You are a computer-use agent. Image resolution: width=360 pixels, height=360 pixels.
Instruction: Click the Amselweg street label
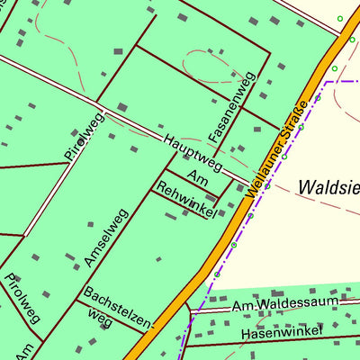pos(107,238)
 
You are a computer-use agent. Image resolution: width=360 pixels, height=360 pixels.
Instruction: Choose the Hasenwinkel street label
pos(279,334)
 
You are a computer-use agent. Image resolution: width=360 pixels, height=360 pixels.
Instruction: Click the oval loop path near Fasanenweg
pos(214,66)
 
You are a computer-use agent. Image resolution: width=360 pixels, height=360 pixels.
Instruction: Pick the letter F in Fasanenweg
pos(215,136)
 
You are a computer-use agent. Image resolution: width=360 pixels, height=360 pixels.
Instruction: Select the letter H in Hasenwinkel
pos(245,335)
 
